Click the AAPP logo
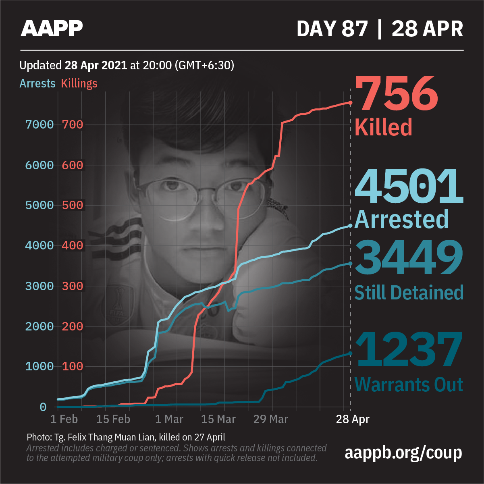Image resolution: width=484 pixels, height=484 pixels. (52, 29)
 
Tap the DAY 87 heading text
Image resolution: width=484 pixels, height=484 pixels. (332, 29)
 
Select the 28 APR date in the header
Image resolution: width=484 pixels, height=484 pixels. (427, 29)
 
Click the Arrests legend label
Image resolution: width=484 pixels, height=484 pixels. (37, 83)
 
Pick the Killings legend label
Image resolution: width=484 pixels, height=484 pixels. (79, 83)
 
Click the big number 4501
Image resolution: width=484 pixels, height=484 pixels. (408, 186)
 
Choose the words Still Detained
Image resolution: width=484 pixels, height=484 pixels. (408, 293)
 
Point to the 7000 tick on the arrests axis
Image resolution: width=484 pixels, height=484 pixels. (39, 125)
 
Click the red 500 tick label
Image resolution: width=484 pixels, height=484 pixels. (73, 205)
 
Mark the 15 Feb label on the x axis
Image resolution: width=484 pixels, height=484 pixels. (113, 419)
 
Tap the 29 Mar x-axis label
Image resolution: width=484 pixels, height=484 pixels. (270, 419)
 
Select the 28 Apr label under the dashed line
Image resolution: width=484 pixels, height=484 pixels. (353, 419)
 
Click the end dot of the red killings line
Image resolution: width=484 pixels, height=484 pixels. (350, 103)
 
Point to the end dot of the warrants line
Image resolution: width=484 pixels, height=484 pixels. (350, 353)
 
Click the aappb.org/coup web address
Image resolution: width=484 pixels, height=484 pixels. (403, 453)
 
